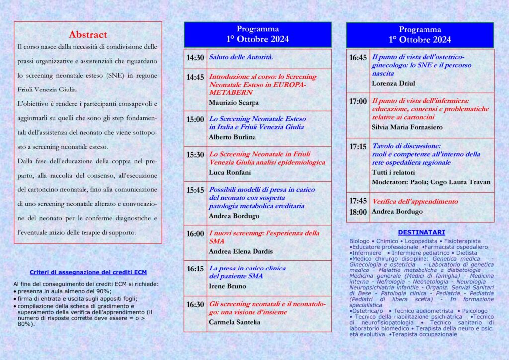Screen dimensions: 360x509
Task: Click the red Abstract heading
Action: pyautogui.click(x=88, y=35)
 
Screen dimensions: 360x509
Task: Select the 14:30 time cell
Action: pyautogui.click(x=195, y=58)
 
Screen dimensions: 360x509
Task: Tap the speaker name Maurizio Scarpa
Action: pyautogui.click(x=234, y=103)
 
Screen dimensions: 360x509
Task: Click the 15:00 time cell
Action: pyautogui.click(x=195, y=119)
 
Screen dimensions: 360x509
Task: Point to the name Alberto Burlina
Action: pyautogui.click(x=232, y=137)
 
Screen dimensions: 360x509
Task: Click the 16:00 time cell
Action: pyautogui.click(x=195, y=234)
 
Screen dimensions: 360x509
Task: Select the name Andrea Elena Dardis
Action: pyautogui.click(x=241, y=251)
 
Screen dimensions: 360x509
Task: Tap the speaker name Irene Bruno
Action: pyautogui.click(x=227, y=286)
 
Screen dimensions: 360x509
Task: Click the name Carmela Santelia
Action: pyautogui.click(x=235, y=322)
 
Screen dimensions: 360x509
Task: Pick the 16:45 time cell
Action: pyautogui.click(x=358, y=58)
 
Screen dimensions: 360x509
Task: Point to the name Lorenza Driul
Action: pyautogui.click(x=393, y=83)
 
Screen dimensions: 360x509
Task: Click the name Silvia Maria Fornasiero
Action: pyautogui.click(x=407, y=127)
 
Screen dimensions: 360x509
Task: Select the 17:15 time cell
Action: pyautogui.click(x=358, y=147)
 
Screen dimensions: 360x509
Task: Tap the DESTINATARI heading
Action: pyautogui.click(x=422, y=232)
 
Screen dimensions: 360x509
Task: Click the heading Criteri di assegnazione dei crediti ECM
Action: pyautogui.click(x=88, y=272)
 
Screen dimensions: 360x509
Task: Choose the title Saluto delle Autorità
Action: pyautogui.click(x=241, y=58)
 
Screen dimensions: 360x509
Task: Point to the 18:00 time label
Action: pyautogui.click(x=358, y=212)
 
